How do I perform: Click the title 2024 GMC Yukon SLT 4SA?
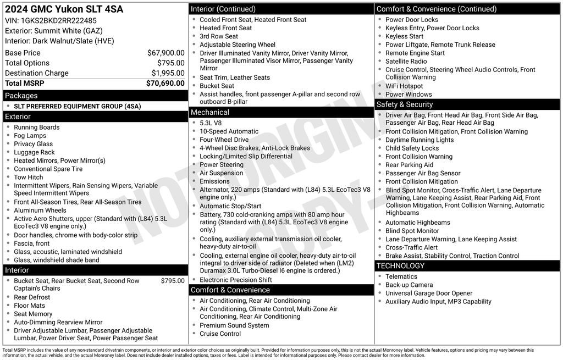click(64, 9)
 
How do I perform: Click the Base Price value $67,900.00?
click(165, 53)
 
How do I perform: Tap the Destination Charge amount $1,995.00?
click(168, 73)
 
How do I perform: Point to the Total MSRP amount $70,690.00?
click(165, 84)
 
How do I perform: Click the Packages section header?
click(21, 96)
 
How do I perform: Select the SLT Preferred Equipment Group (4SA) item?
click(69, 106)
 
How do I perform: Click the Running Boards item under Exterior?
click(37, 128)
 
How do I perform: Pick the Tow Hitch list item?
click(29, 178)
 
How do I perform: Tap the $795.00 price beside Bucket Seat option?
click(173, 281)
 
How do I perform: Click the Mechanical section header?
click(209, 112)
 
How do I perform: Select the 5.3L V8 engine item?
click(211, 123)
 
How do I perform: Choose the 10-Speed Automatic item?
click(229, 131)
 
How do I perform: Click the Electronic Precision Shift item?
click(235, 280)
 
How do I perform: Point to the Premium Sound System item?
click(234, 325)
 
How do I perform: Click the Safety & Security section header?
click(404, 104)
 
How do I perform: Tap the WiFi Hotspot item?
click(404, 86)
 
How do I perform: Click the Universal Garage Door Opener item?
click(429, 293)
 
